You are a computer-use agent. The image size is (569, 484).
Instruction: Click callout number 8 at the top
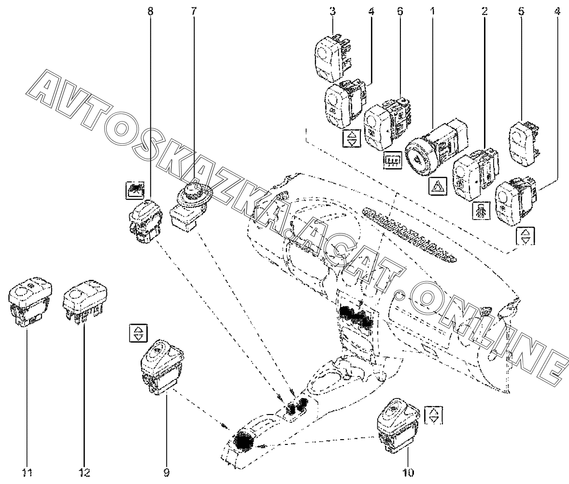(x=150, y=11)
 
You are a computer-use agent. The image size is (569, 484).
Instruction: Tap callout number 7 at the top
(x=193, y=11)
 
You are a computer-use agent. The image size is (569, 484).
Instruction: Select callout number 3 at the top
(x=332, y=11)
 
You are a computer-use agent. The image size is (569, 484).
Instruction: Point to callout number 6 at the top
(x=399, y=11)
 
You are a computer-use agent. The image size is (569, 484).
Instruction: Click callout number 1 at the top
(x=432, y=11)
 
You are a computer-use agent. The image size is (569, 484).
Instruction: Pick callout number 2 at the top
(x=485, y=11)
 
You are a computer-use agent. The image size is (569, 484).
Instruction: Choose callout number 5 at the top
(x=521, y=11)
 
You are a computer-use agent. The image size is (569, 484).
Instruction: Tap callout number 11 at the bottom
(x=27, y=473)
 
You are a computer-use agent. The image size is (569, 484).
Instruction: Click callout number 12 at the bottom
(x=84, y=473)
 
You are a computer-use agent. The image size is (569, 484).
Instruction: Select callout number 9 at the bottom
(x=167, y=473)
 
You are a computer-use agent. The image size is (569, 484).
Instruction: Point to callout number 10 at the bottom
(x=408, y=473)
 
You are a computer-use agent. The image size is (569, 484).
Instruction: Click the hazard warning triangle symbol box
(x=439, y=186)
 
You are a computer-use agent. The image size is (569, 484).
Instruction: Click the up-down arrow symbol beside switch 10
(x=434, y=415)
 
